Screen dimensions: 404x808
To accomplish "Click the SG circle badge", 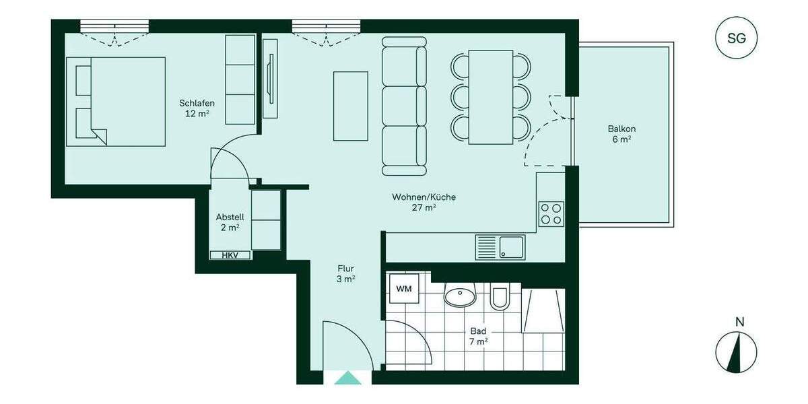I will point(737,38).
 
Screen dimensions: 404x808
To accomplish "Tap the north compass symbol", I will point(736,351).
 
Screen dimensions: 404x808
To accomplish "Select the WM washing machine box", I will point(404,290).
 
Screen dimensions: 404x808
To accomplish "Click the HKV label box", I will point(230,255).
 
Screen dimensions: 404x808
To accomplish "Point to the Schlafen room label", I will point(197,108).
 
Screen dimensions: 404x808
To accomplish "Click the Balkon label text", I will point(621,134).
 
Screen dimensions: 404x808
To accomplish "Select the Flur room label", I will point(346,273).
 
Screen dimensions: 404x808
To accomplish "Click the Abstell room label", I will point(230,222).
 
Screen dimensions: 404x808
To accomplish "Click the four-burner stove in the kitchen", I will point(551,214).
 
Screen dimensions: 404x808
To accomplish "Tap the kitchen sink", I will point(500,246).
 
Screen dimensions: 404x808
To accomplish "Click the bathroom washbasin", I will point(461,295).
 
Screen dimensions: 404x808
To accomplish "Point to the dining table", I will point(491,97).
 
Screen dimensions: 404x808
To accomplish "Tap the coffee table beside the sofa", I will point(351,106).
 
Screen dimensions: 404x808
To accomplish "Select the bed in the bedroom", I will point(116,101).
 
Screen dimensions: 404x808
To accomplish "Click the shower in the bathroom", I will point(543,311).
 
